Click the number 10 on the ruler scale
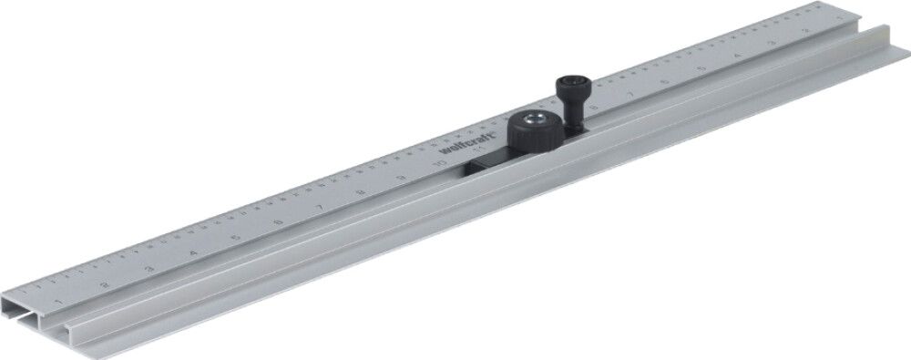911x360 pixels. (441, 163)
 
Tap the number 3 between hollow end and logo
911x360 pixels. (148, 269)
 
